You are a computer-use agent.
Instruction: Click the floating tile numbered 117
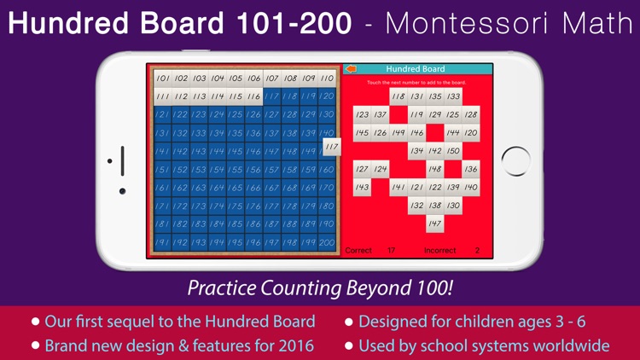tap(332, 148)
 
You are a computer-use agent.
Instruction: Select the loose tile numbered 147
tap(435, 224)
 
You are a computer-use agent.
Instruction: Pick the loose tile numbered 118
tap(399, 96)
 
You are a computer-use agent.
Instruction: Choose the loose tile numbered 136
tap(471, 169)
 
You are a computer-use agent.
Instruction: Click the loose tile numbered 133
tap(453, 96)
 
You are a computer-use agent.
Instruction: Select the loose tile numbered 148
tap(435, 169)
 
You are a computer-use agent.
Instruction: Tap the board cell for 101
tap(163, 78)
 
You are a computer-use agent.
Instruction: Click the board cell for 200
tap(327, 242)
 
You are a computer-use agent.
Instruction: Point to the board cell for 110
tap(327, 78)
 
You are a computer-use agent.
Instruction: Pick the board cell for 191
tap(163, 242)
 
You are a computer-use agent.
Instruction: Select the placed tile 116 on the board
tap(253, 96)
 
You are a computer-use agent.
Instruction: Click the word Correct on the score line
tap(358, 251)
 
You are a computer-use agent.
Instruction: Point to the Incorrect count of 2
tap(477, 251)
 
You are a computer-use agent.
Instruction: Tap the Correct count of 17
tap(391, 251)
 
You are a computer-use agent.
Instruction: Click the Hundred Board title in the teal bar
tap(416, 68)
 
